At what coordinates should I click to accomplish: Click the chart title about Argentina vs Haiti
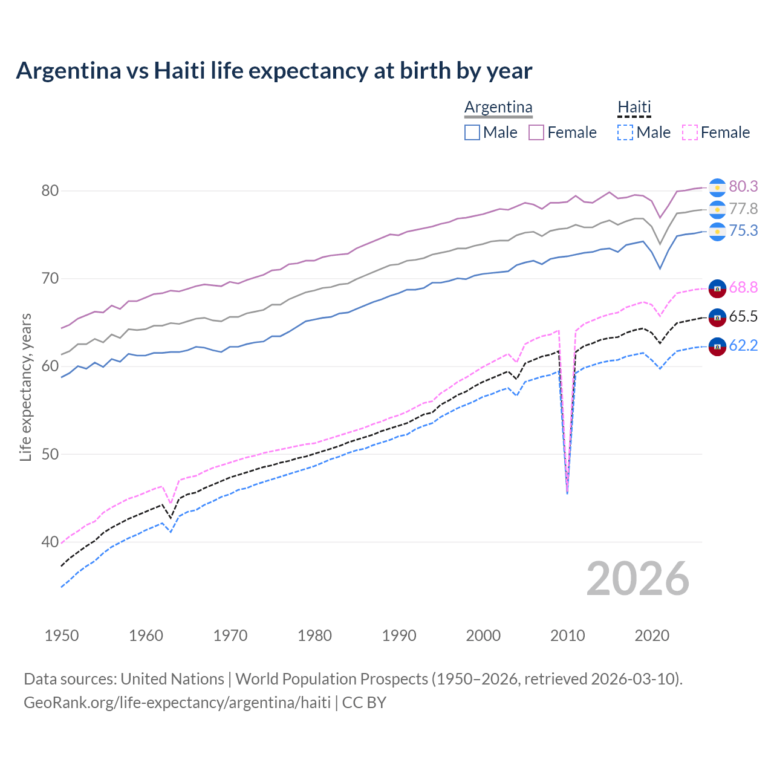pyautogui.click(x=274, y=71)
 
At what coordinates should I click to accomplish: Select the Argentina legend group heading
pyautogui.click(x=498, y=107)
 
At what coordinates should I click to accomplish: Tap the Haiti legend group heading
pyautogui.click(x=634, y=107)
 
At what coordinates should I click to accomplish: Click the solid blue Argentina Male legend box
pyautogui.click(x=472, y=132)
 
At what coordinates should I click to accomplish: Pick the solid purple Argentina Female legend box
pyautogui.click(x=536, y=132)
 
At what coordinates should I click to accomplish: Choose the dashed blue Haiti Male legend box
pyautogui.click(x=625, y=132)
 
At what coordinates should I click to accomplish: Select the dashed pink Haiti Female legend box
pyautogui.click(x=690, y=132)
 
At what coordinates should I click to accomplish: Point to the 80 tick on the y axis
pyautogui.click(x=50, y=191)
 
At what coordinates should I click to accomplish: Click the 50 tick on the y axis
pyautogui.click(x=50, y=454)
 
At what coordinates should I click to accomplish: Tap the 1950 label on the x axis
pyautogui.click(x=62, y=636)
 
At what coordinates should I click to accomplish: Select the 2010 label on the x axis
pyautogui.click(x=567, y=636)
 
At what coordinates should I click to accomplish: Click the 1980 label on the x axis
pyautogui.click(x=314, y=636)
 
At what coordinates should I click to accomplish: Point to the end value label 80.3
pyautogui.click(x=743, y=186)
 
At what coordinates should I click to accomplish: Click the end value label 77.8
pyautogui.click(x=743, y=209)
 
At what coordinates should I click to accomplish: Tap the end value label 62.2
pyautogui.click(x=743, y=345)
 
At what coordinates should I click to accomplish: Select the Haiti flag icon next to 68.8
pyautogui.click(x=717, y=288)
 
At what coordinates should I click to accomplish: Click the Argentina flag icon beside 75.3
pyautogui.click(x=717, y=232)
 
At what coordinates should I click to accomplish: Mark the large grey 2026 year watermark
pyautogui.click(x=637, y=579)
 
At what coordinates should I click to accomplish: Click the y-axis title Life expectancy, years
pyautogui.click(x=25, y=387)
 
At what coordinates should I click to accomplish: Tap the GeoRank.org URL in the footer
pyautogui.click(x=177, y=703)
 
